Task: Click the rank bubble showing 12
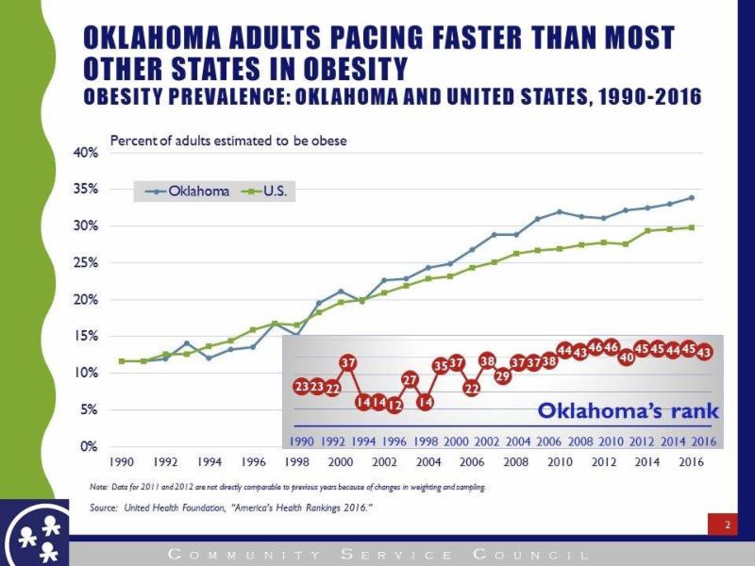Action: pyautogui.click(x=394, y=405)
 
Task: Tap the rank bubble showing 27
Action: pyautogui.click(x=410, y=379)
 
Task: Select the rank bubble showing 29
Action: pyautogui.click(x=502, y=375)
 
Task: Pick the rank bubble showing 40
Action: pyautogui.click(x=626, y=358)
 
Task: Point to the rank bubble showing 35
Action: pyautogui.click(x=441, y=365)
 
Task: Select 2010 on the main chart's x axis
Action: pyautogui.click(x=560, y=462)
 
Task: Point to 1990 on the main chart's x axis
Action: pyautogui.click(x=122, y=462)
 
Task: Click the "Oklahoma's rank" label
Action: pyautogui.click(x=628, y=411)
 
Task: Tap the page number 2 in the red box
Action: pyautogui.click(x=727, y=525)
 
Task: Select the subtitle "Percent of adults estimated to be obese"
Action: pyautogui.click(x=228, y=141)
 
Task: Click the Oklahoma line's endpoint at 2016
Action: pyautogui.click(x=691, y=198)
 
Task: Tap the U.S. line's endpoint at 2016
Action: pyautogui.click(x=691, y=227)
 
